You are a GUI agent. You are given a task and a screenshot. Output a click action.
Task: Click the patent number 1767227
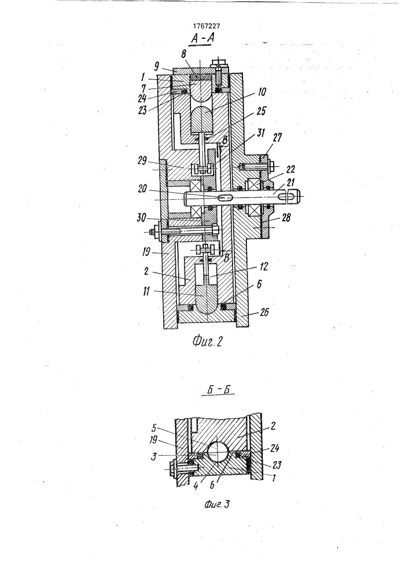pos(207,26)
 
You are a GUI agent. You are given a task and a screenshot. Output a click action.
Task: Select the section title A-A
pos(203,39)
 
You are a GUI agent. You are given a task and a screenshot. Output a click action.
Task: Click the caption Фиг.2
pos(207,342)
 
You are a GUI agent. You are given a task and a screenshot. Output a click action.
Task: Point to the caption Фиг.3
pos(217,504)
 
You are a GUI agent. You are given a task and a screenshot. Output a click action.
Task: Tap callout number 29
pos(142,162)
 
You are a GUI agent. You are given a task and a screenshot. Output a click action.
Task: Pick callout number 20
pos(142,189)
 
